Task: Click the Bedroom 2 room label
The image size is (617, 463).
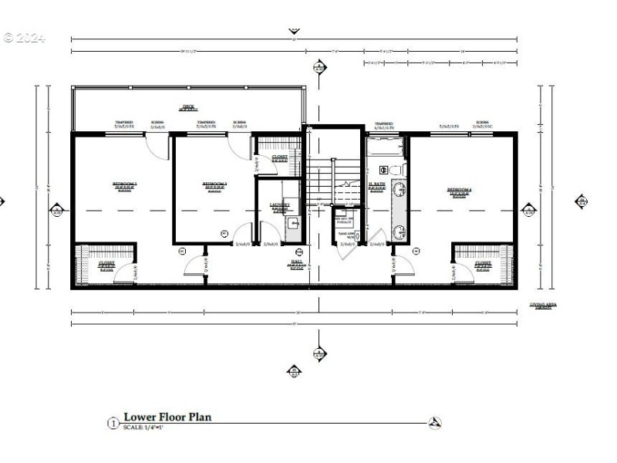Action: [x=124, y=184]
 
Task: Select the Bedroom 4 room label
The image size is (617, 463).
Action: [x=460, y=190]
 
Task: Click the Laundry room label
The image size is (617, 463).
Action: [x=279, y=204]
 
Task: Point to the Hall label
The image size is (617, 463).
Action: [x=296, y=262]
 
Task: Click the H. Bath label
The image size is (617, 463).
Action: [x=376, y=184]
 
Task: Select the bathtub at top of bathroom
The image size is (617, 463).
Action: [x=384, y=144]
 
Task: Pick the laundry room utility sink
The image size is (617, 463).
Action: [x=292, y=224]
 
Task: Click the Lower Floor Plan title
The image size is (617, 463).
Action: [x=167, y=417]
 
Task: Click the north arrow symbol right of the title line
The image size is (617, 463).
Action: [x=435, y=423]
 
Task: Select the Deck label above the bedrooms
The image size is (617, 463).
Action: [x=187, y=106]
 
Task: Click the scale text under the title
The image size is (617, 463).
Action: [x=143, y=428]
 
